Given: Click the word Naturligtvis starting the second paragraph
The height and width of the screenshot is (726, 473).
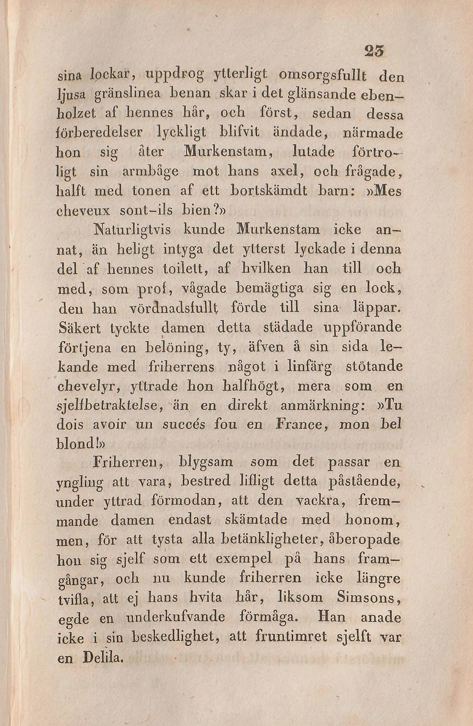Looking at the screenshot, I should tap(132, 231).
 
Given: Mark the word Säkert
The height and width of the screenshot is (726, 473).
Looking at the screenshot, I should tap(80, 328).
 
